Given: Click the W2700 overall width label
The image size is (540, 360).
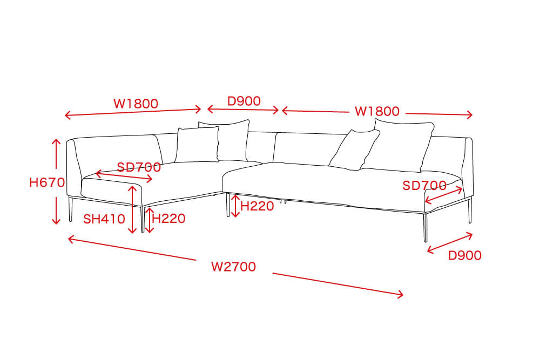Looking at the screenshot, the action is (x=233, y=267).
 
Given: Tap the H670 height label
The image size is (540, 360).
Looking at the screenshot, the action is (x=47, y=182).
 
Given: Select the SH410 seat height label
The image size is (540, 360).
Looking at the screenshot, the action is (x=104, y=219).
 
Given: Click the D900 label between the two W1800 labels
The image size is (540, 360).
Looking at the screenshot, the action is (x=244, y=101).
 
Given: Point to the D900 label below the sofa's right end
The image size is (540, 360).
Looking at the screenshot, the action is (x=464, y=255).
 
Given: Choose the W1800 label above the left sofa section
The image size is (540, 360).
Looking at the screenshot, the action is (x=136, y=104).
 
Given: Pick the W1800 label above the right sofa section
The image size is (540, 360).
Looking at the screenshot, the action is (x=377, y=111).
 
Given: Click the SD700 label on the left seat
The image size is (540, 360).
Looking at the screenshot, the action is (x=139, y=167).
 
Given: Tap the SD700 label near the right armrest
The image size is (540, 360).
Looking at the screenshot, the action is (x=424, y=186).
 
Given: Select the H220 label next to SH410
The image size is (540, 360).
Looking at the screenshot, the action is (x=168, y=218).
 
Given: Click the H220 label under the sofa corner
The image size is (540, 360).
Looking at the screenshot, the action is (x=257, y=206).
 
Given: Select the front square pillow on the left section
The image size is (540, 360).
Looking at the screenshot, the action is (x=197, y=145).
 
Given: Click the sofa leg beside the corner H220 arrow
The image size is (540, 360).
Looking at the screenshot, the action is (x=228, y=205).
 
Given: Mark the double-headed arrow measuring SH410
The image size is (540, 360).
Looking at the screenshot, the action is (x=133, y=209).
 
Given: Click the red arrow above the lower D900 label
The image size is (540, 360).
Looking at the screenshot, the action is (x=450, y=243).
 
